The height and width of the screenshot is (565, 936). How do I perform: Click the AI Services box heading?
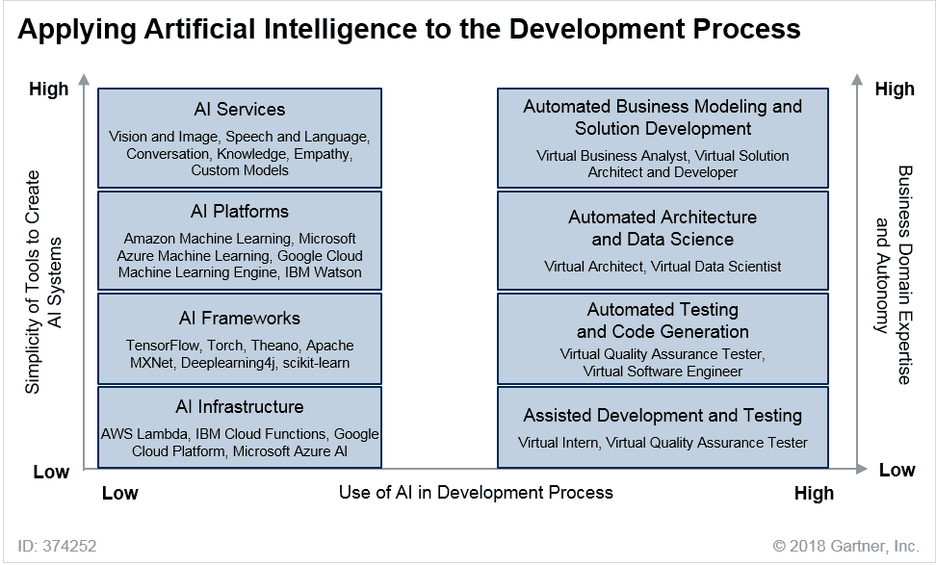(240, 110)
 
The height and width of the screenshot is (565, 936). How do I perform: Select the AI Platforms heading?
(240, 212)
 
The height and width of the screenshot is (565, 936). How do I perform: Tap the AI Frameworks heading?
(240, 318)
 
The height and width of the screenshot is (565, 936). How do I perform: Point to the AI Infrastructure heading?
(240, 407)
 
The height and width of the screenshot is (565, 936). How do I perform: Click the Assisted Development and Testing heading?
(663, 416)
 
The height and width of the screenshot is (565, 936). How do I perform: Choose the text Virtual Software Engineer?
(663, 372)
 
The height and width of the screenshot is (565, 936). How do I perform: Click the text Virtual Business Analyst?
(611, 156)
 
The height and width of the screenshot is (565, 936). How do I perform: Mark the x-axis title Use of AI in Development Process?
(476, 493)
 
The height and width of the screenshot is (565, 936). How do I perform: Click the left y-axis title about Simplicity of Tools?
(42, 282)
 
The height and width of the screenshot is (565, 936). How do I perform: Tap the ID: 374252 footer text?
(57, 546)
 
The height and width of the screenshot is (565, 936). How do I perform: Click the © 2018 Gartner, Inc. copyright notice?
(846, 546)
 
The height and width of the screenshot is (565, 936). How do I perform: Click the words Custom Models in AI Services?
(240, 170)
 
